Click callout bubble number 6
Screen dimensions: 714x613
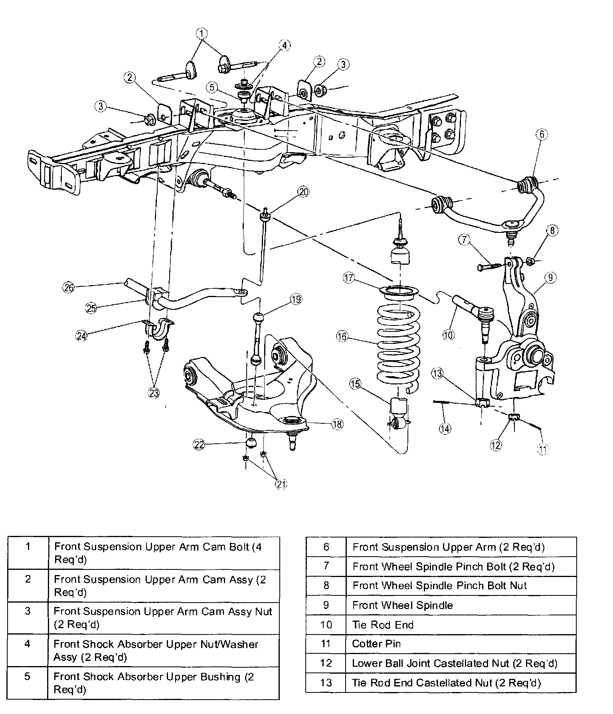pyautogui.click(x=542, y=135)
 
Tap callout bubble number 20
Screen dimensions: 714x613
pyautogui.click(x=303, y=192)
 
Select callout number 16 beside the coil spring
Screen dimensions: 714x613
pyautogui.click(x=342, y=337)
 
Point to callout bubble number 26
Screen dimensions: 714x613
pyautogui.click(x=69, y=287)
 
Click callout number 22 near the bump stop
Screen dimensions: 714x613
pyautogui.click(x=199, y=444)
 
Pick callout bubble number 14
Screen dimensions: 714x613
pyautogui.click(x=445, y=428)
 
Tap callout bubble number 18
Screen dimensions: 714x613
pyautogui.click(x=337, y=424)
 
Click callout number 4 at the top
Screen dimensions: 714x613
pyautogui.click(x=284, y=46)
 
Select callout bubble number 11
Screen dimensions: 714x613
pyautogui.click(x=543, y=449)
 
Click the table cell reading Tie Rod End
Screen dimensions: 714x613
pyautogui.click(x=461, y=625)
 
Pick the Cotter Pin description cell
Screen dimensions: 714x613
pyautogui.click(x=461, y=644)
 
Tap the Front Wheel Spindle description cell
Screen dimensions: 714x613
pyautogui.click(x=461, y=605)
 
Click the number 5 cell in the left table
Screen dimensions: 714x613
pyautogui.click(x=28, y=683)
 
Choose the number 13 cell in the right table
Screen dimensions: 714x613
pyautogui.click(x=326, y=682)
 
